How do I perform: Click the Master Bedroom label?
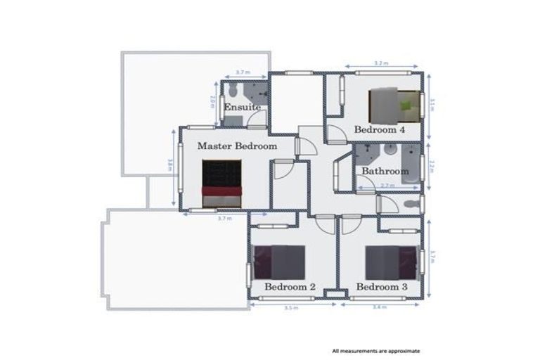click(x=237, y=146)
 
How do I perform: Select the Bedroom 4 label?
click(x=380, y=130)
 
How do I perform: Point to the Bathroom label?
click(x=385, y=171)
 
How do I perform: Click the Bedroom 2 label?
click(x=290, y=287)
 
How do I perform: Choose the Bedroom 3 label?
click(x=382, y=287)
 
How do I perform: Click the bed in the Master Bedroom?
click(x=221, y=184)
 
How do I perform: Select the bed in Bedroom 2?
click(x=279, y=262)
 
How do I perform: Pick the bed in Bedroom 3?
click(x=391, y=262)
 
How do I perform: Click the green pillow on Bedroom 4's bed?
click(x=406, y=105)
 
